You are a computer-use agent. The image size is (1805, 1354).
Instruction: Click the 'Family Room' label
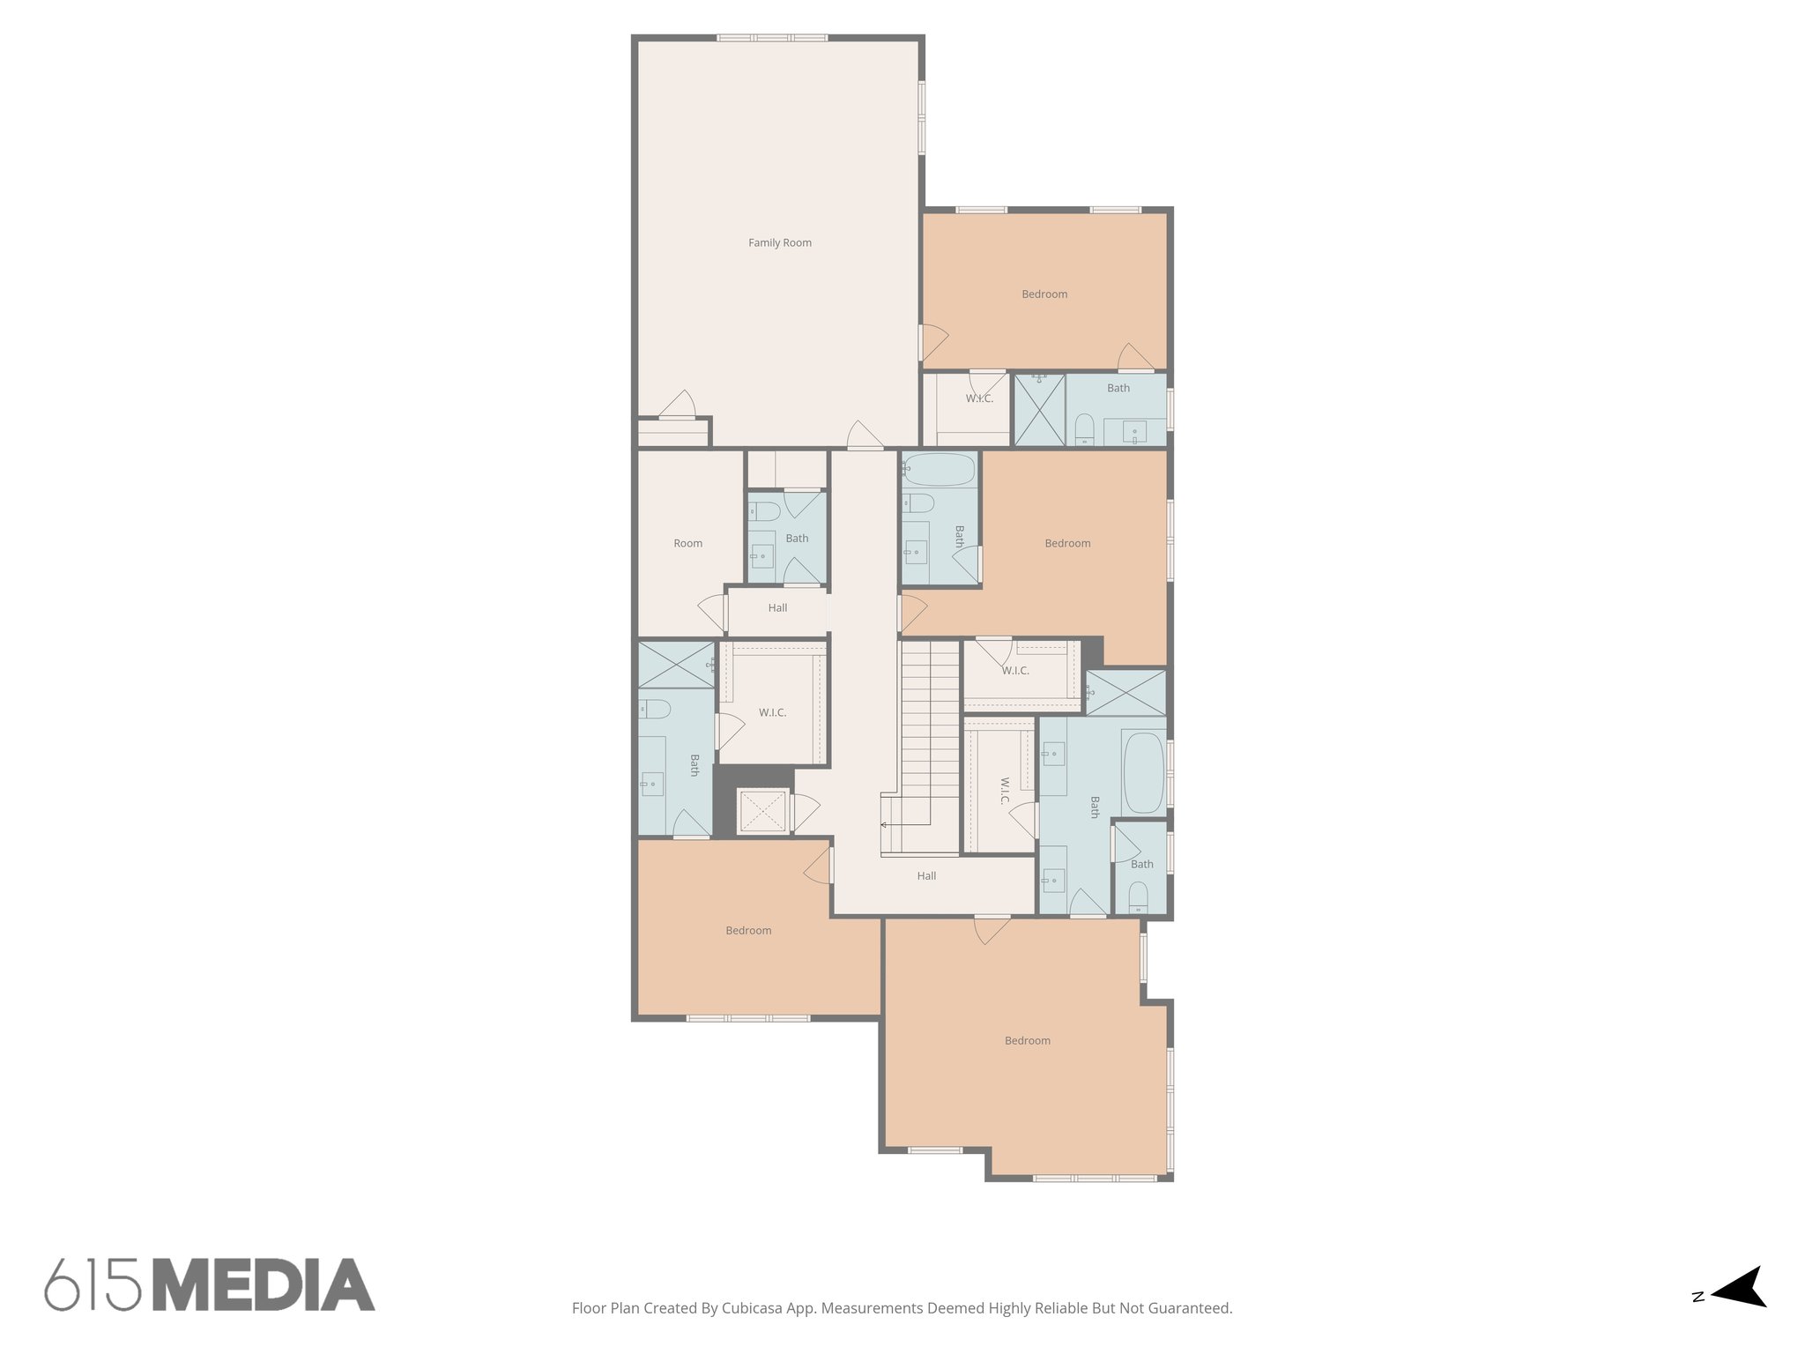coord(780,242)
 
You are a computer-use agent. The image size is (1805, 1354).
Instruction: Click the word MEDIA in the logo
coord(264,1284)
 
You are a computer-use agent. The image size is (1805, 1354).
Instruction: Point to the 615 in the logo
coord(93,1284)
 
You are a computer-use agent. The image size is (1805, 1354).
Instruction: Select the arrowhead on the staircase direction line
coord(883,825)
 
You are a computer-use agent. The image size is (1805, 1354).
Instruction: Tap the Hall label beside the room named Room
coord(777,608)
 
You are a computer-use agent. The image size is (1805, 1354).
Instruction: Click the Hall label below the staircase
coord(926,876)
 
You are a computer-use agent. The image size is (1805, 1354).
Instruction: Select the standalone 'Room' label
coord(687,544)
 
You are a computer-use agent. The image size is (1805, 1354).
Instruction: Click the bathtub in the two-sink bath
coord(1144,773)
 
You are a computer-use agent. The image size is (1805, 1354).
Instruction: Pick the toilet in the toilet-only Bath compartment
coord(1139,897)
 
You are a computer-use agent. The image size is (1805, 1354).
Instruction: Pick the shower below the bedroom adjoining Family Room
coord(1039,410)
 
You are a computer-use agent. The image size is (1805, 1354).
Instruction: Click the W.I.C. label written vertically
coord(1005,791)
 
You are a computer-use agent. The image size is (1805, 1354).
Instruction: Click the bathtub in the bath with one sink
coord(940,470)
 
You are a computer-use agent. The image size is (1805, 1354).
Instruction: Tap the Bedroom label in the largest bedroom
coord(1028,1041)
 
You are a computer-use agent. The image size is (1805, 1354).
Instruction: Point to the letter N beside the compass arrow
coord(1698,1321)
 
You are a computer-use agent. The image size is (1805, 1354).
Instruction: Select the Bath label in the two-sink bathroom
coord(1096,807)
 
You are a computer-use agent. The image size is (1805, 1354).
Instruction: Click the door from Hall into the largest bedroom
coord(992,928)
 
